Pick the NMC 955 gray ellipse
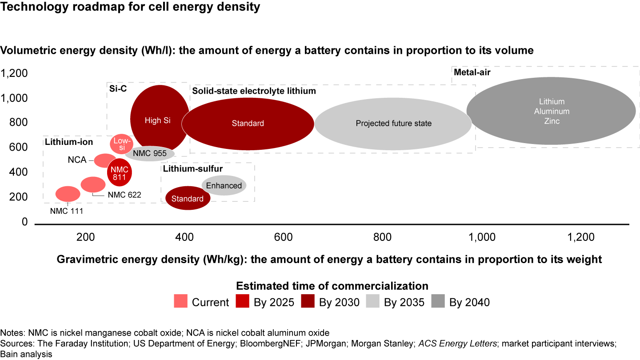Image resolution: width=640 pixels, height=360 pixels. point(150,153)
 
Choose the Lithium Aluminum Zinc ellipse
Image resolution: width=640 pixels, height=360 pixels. point(552,111)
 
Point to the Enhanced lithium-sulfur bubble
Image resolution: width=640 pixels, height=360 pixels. point(224,185)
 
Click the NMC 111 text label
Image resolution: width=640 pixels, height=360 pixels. point(66,211)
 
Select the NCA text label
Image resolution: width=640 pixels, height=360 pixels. point(77,160)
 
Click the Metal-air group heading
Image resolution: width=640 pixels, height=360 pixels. point(472,72)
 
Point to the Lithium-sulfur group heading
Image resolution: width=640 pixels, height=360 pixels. point(192,168)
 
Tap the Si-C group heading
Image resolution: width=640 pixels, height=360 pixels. point(118,88)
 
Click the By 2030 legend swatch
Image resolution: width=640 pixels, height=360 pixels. point(308,302)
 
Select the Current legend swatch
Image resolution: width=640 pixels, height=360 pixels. point(181,302)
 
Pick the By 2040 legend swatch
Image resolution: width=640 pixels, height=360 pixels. point(439,302)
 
